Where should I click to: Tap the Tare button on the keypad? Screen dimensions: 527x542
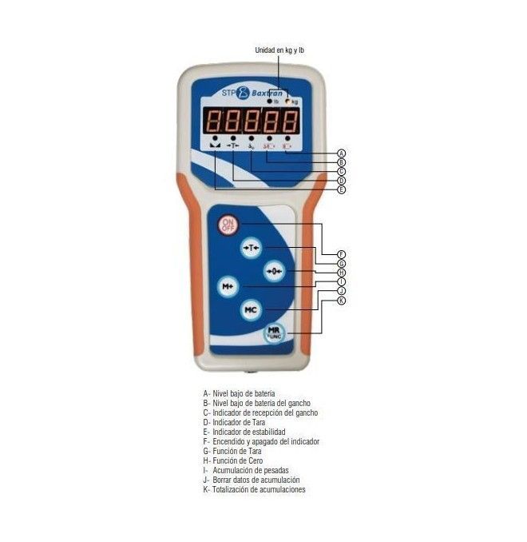251,248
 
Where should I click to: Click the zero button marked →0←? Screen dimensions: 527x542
274,271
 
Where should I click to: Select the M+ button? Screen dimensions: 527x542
228,286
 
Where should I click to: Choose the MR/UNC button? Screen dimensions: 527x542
274,333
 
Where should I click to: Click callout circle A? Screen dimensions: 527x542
341,153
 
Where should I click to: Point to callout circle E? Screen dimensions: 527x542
341,189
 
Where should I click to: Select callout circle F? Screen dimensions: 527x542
341,254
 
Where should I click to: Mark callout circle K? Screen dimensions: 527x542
341,301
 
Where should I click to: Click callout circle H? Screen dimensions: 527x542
341,273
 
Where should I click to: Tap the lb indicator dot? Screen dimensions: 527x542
270,102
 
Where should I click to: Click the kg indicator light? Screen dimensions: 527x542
287,102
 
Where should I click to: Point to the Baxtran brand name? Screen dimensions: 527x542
267,93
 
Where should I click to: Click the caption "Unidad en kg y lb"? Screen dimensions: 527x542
279,50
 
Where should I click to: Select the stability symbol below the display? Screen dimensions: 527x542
215,145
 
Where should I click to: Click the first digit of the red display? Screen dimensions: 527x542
212,121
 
